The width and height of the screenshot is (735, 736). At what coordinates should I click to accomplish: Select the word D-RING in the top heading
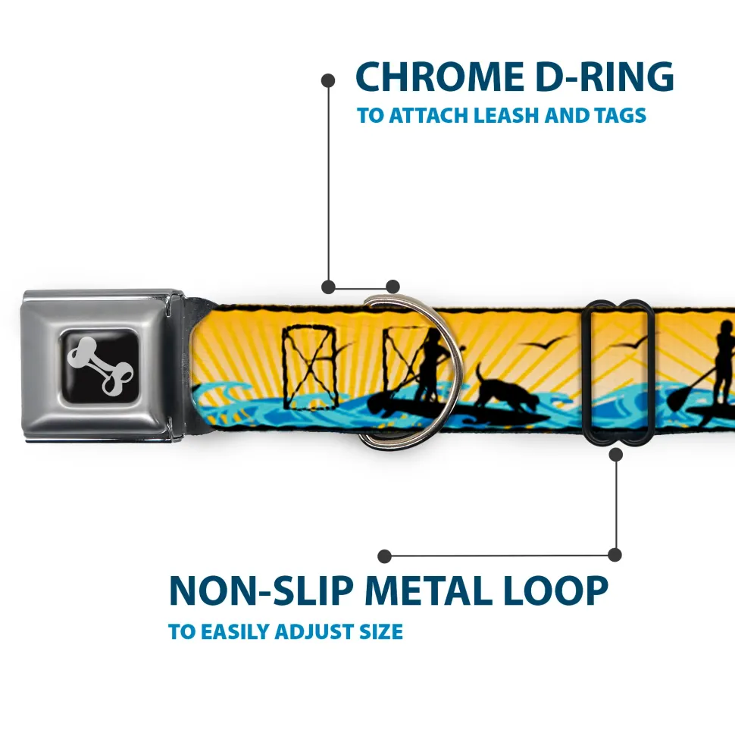[598, 78]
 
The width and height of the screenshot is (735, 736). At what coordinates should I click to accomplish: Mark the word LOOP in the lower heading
[561, 592]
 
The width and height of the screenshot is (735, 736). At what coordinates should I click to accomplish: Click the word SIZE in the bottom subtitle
[381, 631]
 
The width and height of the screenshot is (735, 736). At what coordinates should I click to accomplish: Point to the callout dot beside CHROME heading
[328, 80]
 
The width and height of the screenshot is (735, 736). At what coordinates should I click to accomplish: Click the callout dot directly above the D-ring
[393, 287]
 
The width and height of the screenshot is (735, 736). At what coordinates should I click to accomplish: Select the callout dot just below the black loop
[615, 455]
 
